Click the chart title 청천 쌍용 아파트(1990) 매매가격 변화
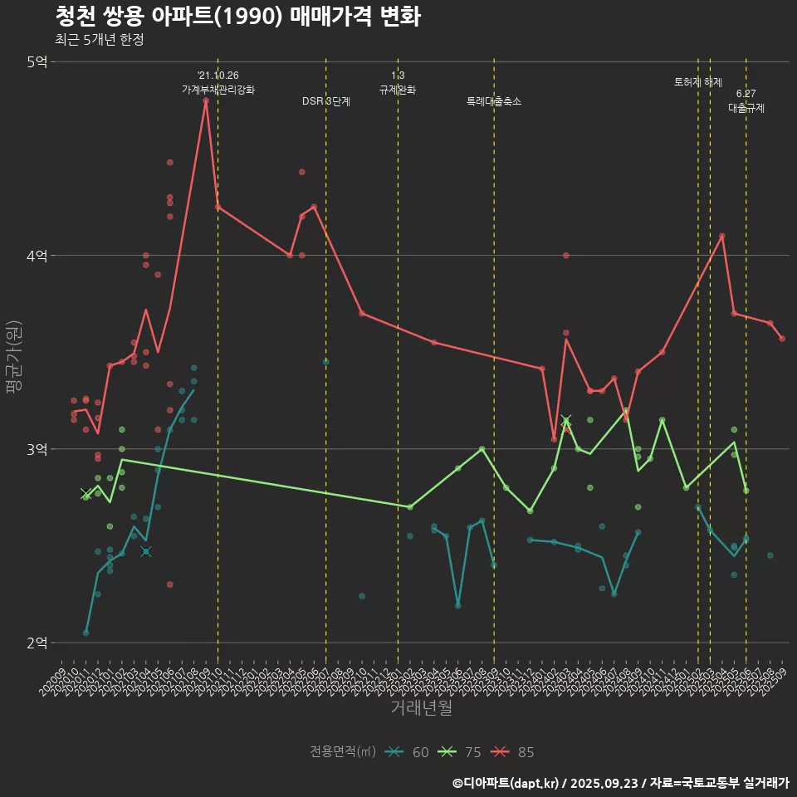pyautogui.click(x=237, y=17)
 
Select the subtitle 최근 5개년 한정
pyautogui.click(x=99, y=40)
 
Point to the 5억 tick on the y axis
pyautogui.click(x=37, y=61)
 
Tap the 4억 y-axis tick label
pyautogui.click(x=37, y=256)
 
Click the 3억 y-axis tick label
pyautogui.click(x=37, y=449)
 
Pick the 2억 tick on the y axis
pyautogui.click(x=37, y=643)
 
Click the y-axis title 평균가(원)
pyautogui.click(x=15, y=352)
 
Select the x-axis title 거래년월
pyautogui.click(x=421, y=708)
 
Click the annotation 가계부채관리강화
pyautogui.click(x=218, y=89)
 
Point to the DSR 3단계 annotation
pyautogui.click(x=326, y=101)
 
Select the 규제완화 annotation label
pyautogui.click(x=398, y=90)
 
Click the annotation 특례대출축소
pyautogui.click(x=494, y=101)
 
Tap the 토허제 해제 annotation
pyautogui.click(x=698, y=82)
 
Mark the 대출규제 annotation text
pyautogui.click(x=746, y=108)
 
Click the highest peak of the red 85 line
pyautogui.click(x=206, y=100)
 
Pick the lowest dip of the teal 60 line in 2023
pyautogui.click(x=458, y=605)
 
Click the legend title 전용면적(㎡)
pyautogui.click(x=343, y=752)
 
